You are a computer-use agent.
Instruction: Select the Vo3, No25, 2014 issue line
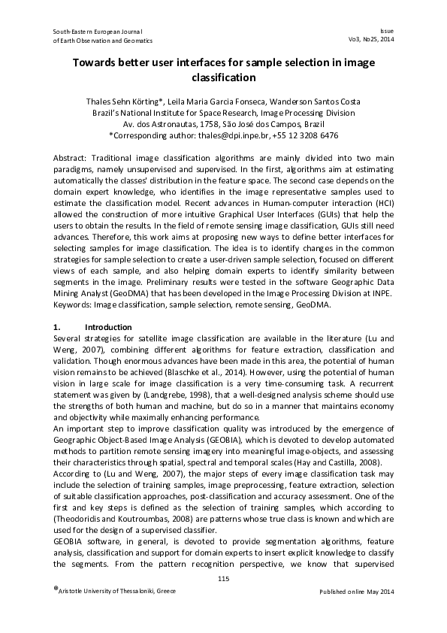371,41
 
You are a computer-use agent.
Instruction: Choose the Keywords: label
75,306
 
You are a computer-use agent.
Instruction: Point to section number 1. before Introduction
57,328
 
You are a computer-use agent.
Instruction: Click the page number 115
223,578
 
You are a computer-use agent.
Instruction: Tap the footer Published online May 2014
356,592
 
